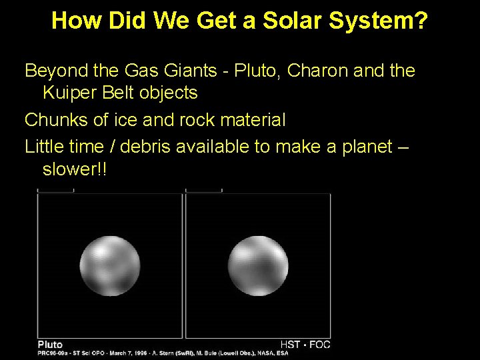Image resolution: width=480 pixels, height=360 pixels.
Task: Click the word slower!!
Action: (x=74, y=169)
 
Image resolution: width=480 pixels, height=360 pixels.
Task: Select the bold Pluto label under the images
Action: (x=50, y=344)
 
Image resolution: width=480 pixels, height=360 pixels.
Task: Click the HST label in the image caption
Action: (x=290, y=344)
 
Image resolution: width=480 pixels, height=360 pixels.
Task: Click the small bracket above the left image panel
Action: (x=55, y=191)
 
